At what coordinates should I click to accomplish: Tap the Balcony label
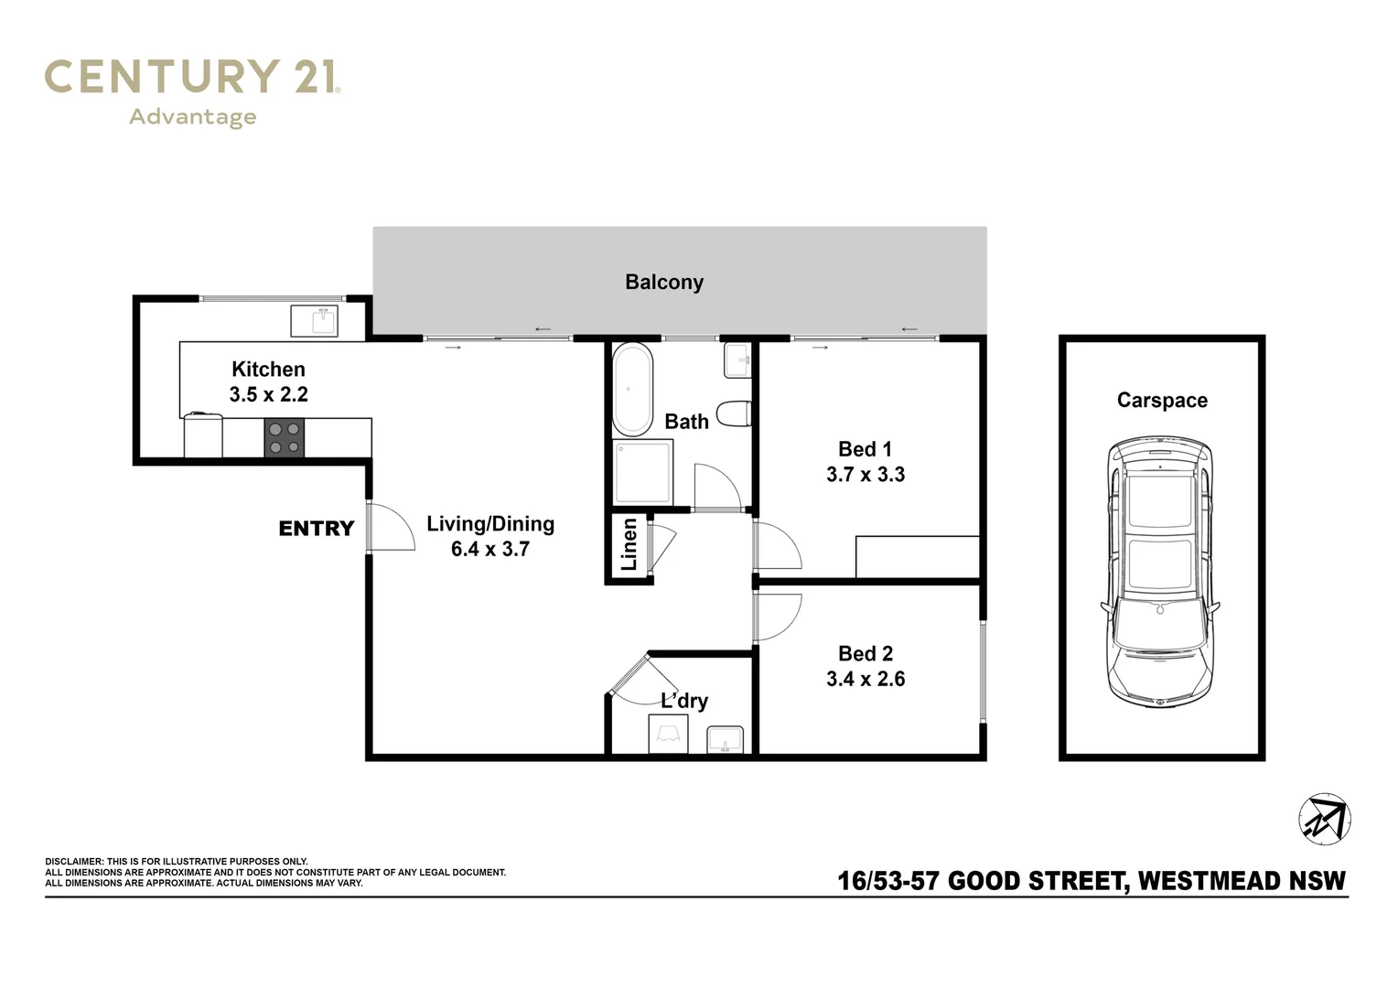pyautogui.click(x=664, y=282)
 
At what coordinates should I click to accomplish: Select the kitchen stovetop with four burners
pyautogui.click(x=285, y=437)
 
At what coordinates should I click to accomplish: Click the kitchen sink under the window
pyautogui.click(x=315, y=321)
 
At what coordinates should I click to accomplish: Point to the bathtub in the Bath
pyautogui.click(x=632, y=390)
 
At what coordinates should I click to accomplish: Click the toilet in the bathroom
pyautogui.click(x=735, y=413)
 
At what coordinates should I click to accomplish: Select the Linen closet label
pyautogui.click(x=629, y=544)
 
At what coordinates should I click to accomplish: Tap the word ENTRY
pyautogui.click(x=316, y=529)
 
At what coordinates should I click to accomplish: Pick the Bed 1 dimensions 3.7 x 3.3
pyautogui.click(x=866, y=475)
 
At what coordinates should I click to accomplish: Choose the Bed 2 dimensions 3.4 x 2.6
pyautogui.click(x=866, y=679)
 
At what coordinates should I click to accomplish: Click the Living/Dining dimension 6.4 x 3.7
pyautogui.click(x=490, y=549)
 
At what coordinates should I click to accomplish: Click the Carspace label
pyautogui.click(x=1162, y=400)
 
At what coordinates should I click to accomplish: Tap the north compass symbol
pyautogui.click(x=1325, y=819)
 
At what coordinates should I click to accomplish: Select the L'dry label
pyautogui.click(x=684, y=701)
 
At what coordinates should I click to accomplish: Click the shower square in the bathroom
pyautogui.click(x=643, y=471)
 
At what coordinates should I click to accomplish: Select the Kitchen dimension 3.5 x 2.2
pyautogui.click(x=269, y=394)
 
